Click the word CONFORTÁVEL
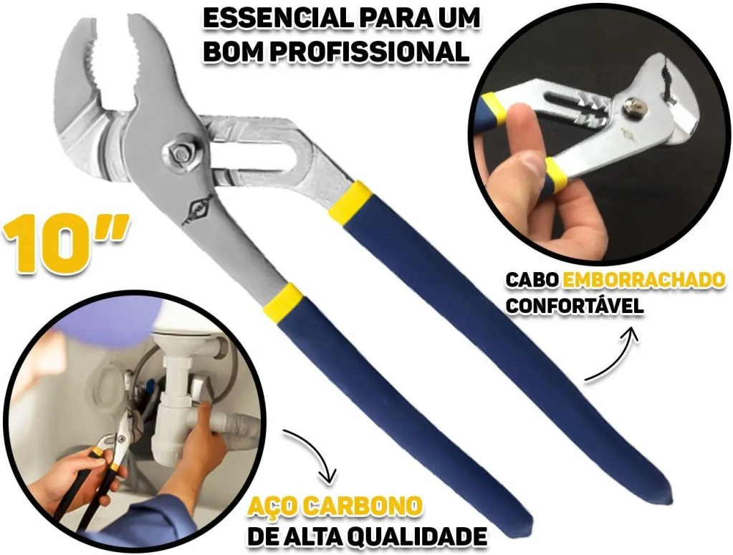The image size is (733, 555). click(575, 306)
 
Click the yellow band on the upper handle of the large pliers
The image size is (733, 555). click(350, 201)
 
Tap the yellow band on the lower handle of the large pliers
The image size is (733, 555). click(282, 299)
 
